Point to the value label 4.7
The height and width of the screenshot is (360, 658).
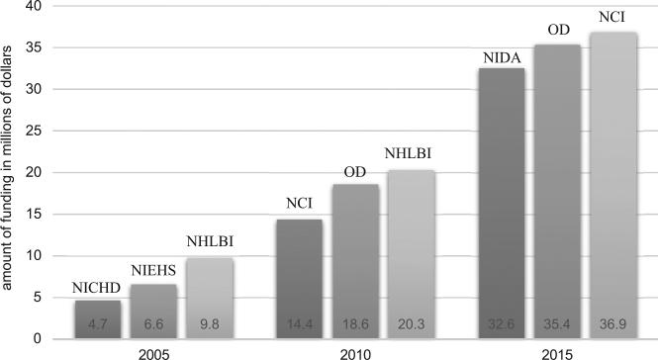[96, 323]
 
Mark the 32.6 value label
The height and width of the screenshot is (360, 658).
[502, 323]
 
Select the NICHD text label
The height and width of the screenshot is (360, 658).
[96, 289]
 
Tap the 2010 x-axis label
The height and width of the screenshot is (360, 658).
[355, 351]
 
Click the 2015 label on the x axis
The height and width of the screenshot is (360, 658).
[557, 351]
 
